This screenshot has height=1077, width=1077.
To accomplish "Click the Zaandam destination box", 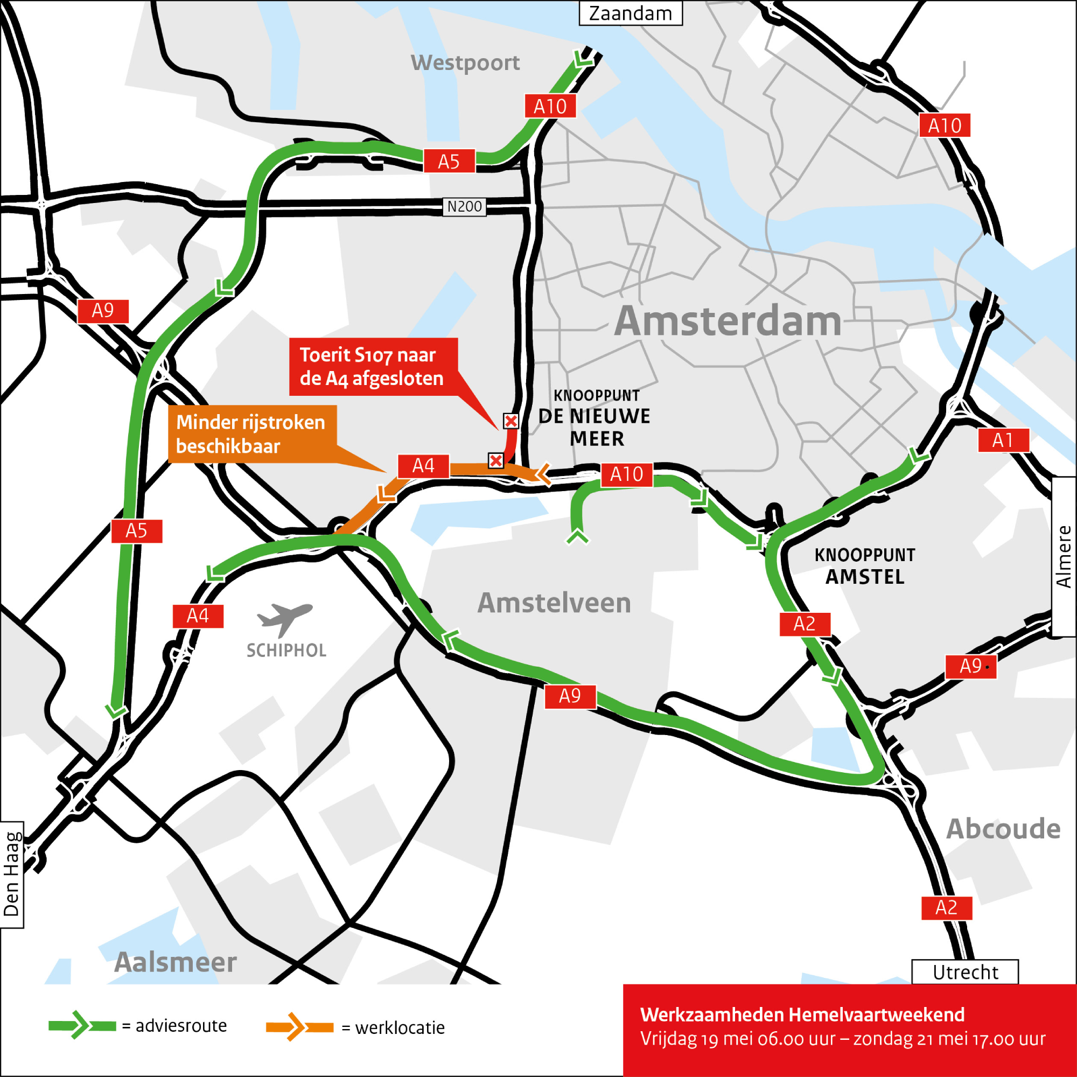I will pyautogui.click(x=631, y=13).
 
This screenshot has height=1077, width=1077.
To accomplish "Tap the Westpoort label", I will pyautogui.click(x=465, y=62).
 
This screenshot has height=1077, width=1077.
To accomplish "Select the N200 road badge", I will pyautogui.click(x=464, y=207).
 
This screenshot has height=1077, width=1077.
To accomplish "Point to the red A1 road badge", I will pyautogui.click(x=1003, y=440).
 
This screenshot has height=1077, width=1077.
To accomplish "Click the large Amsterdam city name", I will pyautogui.click(x=728, y=321).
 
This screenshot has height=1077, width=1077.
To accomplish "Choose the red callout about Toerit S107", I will pyautogui.click(x=373, y=367).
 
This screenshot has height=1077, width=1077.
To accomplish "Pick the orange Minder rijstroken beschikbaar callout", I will pyautogui.click(x=252, y=434).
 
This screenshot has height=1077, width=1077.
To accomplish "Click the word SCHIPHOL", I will pyautogui.click(x=286, y=651).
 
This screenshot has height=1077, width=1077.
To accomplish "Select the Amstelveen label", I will pyautogui.click(x=554, y=603).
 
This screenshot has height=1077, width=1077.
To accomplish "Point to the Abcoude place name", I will pyautogui.click(x=1003, y=829).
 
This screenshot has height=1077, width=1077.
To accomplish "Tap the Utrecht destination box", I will pyautogui.click(x=965, y=972).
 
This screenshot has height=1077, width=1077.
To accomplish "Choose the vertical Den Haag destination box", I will pyautogui.click(x=12, y=875).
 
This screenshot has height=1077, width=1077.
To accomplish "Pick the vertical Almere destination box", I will pyautogui.click(x=1064, y=556).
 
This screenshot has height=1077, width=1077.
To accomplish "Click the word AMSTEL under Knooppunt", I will pyautogui.click(x=865, y=577).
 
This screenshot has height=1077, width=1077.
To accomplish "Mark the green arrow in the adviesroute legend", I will pyautogui.click(x=81, y=1026).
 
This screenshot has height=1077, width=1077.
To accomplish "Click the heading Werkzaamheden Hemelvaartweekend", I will pyautogui.click(x=802, y=1015).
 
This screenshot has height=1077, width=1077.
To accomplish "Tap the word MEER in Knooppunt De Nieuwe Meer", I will pyautogui.click(x=597, y=439).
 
